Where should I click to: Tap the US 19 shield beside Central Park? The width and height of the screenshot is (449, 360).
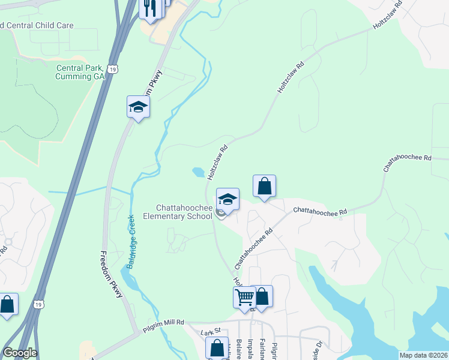point(112,70)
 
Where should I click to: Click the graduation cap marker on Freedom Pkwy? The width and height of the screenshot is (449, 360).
point(138,108)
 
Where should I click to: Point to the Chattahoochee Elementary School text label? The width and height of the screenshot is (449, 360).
point(177,212)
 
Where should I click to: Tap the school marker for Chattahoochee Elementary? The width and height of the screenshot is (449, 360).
point(228,199)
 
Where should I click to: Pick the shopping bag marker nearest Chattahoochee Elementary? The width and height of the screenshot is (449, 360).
point(264,186)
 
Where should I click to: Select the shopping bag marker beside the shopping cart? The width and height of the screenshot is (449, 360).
point(262,296)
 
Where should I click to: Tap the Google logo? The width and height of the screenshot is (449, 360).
point(20,353)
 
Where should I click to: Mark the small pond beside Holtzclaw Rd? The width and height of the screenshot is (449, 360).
point(198,173)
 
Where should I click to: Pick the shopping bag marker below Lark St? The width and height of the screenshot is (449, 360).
point(217,348)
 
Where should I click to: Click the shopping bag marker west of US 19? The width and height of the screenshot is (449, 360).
point(7,304)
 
